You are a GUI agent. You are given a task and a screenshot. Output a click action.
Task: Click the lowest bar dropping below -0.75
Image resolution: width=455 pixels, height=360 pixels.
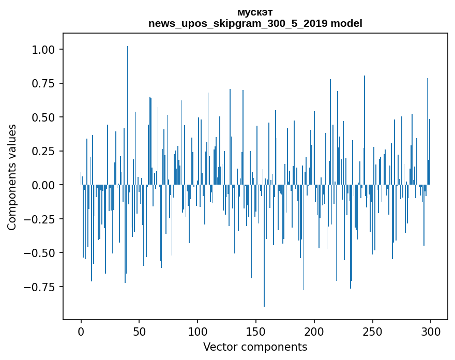(264, 246)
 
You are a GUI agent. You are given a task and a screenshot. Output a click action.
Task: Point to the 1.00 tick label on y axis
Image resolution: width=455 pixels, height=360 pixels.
(43, 50)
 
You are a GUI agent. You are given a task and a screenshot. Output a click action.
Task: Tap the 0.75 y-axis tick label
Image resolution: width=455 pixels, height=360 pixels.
(43, 84)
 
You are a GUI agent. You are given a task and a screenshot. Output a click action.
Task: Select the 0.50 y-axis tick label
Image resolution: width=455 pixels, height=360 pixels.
(43, 117)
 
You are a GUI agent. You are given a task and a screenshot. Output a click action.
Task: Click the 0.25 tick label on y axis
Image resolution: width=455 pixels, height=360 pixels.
(43, 151)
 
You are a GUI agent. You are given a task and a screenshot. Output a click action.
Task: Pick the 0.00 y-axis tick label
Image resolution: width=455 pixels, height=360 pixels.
(43, 185)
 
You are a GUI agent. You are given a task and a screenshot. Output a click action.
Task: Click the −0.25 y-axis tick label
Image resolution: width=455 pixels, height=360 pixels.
(39, 219)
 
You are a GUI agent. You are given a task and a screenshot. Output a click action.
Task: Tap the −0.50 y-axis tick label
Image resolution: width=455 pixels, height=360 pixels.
(39, 253)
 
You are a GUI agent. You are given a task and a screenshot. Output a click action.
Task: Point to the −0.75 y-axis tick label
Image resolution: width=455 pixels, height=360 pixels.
(39, 287)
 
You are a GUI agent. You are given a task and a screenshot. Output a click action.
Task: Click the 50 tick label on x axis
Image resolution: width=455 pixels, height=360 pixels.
(139, 332)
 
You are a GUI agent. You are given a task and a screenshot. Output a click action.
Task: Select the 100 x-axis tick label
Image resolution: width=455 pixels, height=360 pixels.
(198, 332)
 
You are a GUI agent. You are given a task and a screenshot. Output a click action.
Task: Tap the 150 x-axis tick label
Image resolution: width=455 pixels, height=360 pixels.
(256, 332)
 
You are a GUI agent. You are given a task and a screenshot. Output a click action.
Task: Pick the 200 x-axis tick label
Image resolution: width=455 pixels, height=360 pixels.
(314, 332)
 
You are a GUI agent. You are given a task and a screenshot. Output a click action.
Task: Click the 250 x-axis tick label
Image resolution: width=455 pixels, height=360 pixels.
(373, 332)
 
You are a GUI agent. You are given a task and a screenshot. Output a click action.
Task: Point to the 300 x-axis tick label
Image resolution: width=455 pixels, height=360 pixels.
(431, 332)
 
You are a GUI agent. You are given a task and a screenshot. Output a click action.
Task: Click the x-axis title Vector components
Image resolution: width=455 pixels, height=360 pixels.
(255, 347)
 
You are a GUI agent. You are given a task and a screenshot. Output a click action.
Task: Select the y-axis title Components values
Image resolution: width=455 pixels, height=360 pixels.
(11, 177)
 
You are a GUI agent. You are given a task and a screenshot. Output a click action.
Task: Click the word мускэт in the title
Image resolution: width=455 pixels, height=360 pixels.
(255, 12)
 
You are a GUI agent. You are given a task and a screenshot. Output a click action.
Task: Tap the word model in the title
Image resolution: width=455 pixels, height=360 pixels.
(346, 23)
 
